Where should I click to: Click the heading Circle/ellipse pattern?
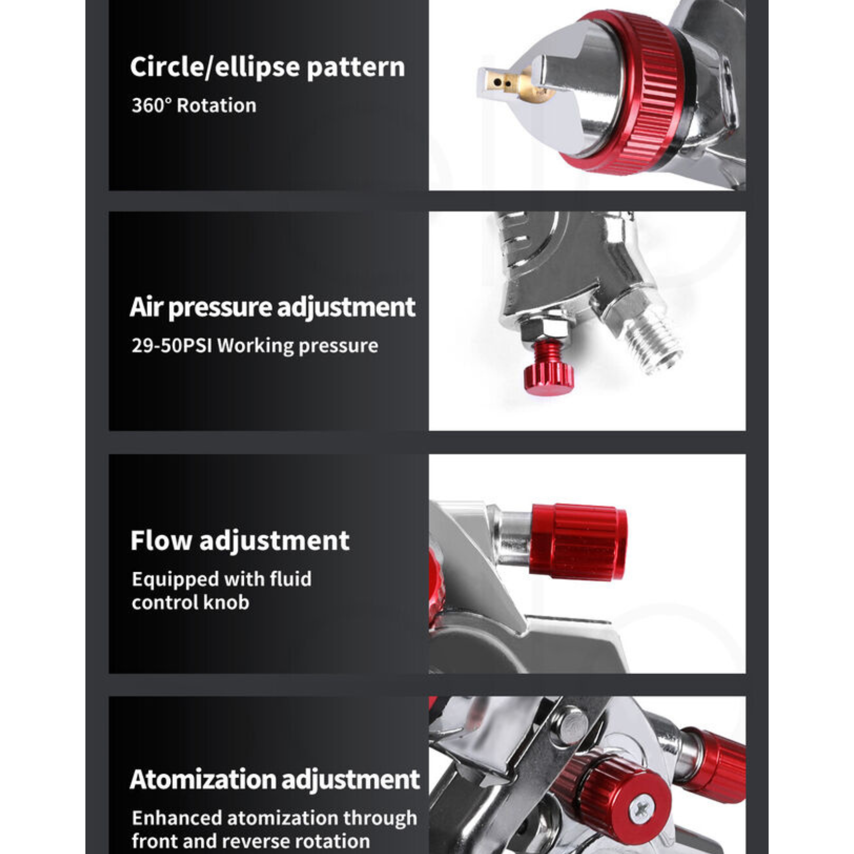[267, 68]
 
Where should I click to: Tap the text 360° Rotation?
[194, 105]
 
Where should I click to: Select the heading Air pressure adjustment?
[272, 307]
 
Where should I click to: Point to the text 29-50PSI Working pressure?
[255, 345]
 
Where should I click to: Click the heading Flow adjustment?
[240, 541]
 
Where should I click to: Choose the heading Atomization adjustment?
[274, 780]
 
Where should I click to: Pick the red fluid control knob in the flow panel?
[579, 541]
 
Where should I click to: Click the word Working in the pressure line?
[256, 346]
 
